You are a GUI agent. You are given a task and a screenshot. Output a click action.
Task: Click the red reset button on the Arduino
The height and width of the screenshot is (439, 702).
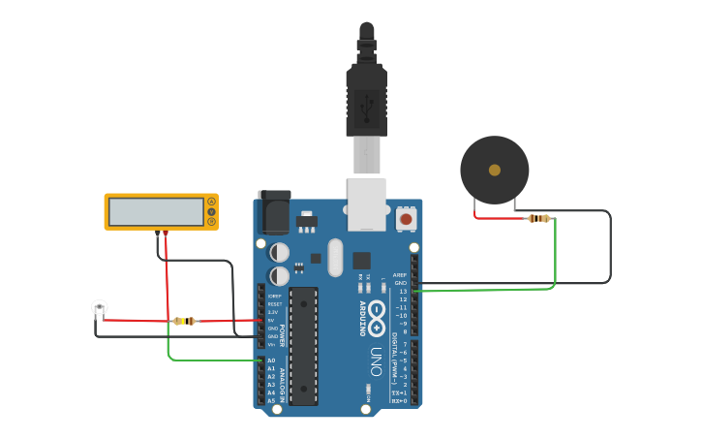click(406, 220)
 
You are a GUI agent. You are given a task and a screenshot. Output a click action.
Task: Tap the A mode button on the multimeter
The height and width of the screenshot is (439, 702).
click(211, 202)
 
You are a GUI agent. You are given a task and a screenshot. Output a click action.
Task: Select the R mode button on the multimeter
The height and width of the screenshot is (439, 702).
click(211, 221)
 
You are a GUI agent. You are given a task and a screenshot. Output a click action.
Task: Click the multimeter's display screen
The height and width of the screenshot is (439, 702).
click(155, 211)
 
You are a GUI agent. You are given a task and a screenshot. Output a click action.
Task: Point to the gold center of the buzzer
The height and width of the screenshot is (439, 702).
click(495, 170)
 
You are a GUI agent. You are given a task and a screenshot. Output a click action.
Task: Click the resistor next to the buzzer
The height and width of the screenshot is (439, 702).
click(538, 218)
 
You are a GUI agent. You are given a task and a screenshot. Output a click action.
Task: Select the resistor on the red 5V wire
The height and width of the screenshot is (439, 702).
click(183, 321)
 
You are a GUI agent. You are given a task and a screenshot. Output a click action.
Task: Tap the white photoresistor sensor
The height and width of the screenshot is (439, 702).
click(99, 308)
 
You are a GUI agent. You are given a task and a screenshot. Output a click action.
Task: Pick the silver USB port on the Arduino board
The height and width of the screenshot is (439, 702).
click(367, 204)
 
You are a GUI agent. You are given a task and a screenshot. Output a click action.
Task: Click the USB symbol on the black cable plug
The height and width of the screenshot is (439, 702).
click(367, 109)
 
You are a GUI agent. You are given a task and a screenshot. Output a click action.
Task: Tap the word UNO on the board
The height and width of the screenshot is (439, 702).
click(375, 361)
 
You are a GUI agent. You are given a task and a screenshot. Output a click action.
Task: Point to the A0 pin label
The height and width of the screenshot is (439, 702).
click(271, 361)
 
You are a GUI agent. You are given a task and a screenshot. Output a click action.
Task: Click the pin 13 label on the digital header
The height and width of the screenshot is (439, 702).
click(403, 292)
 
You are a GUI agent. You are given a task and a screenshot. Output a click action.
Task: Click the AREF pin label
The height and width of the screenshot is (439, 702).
click(400, 275)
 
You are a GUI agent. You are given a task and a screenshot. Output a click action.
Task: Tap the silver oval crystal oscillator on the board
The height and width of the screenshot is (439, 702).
click(335, 258)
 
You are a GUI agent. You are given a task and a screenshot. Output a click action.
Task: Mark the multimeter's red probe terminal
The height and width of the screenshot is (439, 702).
click(166, 233)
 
